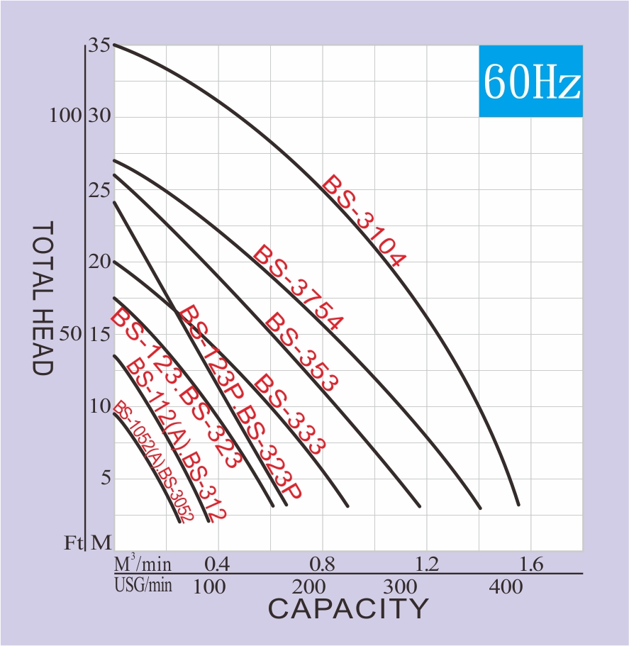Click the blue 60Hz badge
pyautogui.click(x=531, y=82)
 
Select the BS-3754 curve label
pyautogui.click(x=298, y=288)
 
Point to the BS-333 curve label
pyautogui.click(x=289, y=413)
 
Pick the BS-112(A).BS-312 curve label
pyautogui.click(x=175, y=440)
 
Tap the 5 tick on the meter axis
pyautogui.click(x=106, y=477)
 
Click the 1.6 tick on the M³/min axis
pyautogui.click(x=531, y=564)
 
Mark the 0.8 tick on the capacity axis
pyautogui.click(x=323, y=564)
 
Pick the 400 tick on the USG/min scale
pyautogui.click(x=506, y=587)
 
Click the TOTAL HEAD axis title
pyautogui.click(x=43, y=298)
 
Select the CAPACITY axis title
pyautogui.click(x=348, y=608)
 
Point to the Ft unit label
pyautogui.click(x=74, y=543)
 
